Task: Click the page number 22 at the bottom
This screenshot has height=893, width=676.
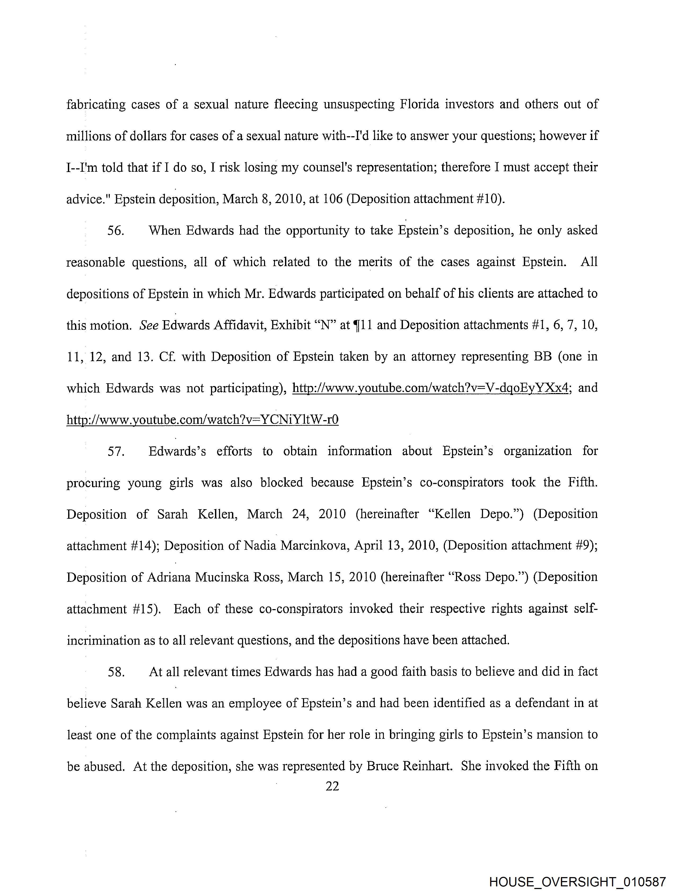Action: (x=332, y=786)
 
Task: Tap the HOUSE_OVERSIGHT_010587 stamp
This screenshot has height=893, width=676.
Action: (x=577, y=882)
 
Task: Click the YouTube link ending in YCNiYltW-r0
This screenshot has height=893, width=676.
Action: (x=202, y=420)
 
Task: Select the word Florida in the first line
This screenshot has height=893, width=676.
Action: (x=419, y=104)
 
